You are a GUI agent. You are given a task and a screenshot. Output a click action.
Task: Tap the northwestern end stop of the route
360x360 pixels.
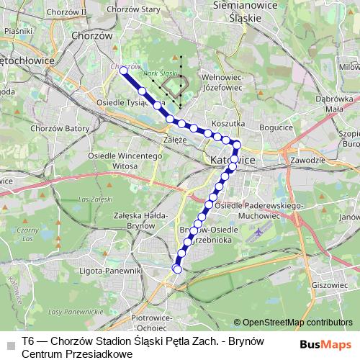point(123,71)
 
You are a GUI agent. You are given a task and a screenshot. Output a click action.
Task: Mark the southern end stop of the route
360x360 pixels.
point(177,269)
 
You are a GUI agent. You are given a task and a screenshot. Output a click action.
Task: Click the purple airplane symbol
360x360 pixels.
point(258,233)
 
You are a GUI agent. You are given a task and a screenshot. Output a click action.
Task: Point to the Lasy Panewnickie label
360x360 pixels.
point(71,312)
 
